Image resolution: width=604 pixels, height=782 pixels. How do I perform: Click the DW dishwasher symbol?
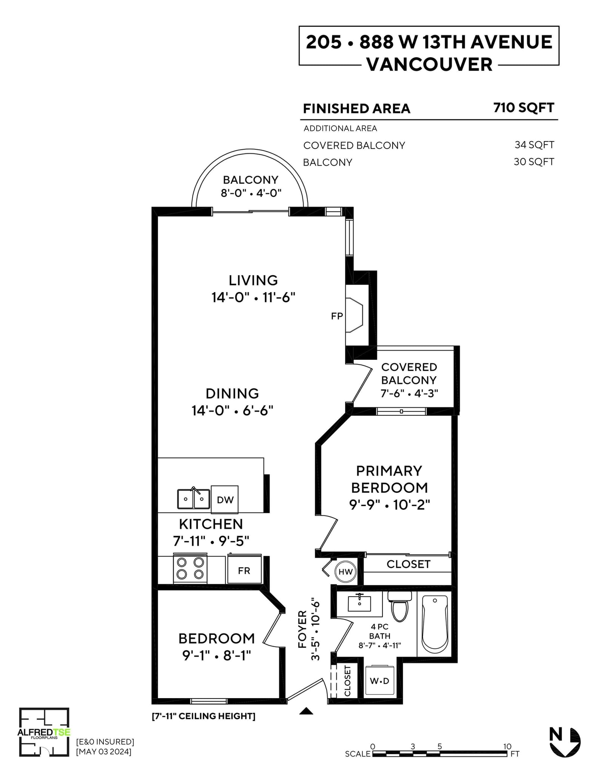point(225,499)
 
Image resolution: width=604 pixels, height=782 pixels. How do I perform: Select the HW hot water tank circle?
point(345,572)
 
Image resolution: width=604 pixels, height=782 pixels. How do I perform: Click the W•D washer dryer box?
point(380,680)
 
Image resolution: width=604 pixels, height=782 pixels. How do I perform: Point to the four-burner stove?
point(190,569)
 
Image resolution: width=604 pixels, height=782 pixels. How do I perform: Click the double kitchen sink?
point(194,498)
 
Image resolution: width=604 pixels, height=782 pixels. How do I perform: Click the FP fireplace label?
point(337,316)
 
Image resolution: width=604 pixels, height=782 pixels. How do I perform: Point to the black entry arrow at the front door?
point(306,711)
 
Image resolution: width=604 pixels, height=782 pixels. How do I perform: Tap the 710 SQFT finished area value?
point(524,108)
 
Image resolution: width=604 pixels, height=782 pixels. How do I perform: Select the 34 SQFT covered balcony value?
point(534,145)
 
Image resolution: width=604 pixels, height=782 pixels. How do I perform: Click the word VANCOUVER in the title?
point(430,64)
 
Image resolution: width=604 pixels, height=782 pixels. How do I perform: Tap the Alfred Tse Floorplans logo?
point(44,737)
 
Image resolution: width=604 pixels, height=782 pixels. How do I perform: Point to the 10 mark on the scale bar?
point(507,746)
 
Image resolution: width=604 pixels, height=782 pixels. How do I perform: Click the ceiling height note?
point(203,716)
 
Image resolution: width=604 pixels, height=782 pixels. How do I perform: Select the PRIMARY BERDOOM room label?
point(390,479)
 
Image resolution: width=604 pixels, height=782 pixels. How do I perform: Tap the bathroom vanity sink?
point(359,604)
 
